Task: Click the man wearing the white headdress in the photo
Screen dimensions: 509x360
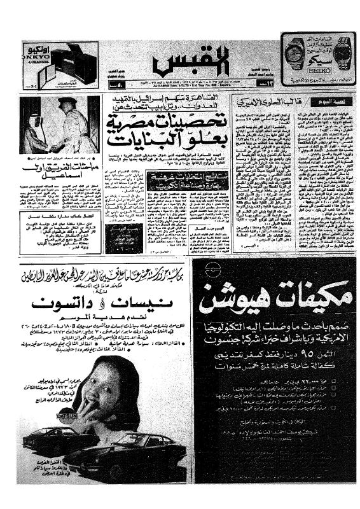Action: pos(32,127)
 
